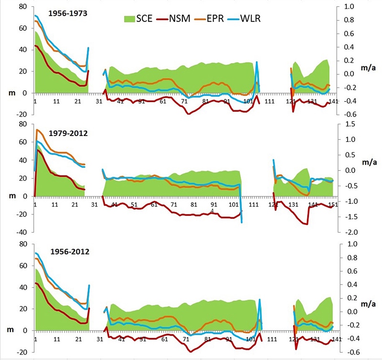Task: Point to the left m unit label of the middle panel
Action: (x=11, y=196)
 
